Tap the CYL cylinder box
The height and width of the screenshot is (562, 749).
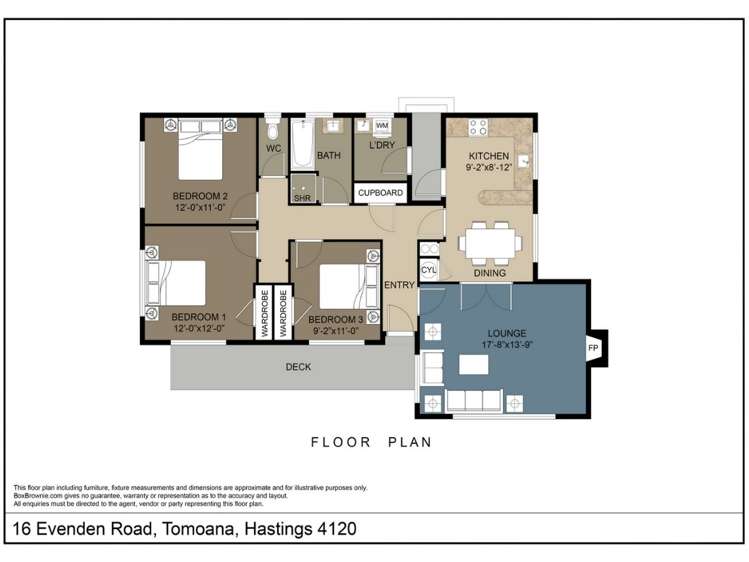pyautogui.click(x=429, y=270)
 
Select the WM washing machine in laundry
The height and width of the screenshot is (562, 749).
pyautogui.click(x=382, y=126)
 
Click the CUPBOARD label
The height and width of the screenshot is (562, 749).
pyautogui.click(x=380, y=192)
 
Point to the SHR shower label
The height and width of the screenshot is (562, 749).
pyautogui.click(x=301, y=198)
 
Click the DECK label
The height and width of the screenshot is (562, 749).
pyautogui.click(x=298, y=367)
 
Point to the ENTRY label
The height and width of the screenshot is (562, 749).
pyautogui.click(x=399, y=285)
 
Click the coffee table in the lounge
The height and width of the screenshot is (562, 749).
pyautogui.click(x=473, y=364)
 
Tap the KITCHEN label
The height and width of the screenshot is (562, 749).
pyautogui.click(x=488, y=156)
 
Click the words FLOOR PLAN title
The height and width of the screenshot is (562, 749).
pyautogui.click(x=371, y=441)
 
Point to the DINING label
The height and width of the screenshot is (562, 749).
pyautogui.click(x=489, y=273)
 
